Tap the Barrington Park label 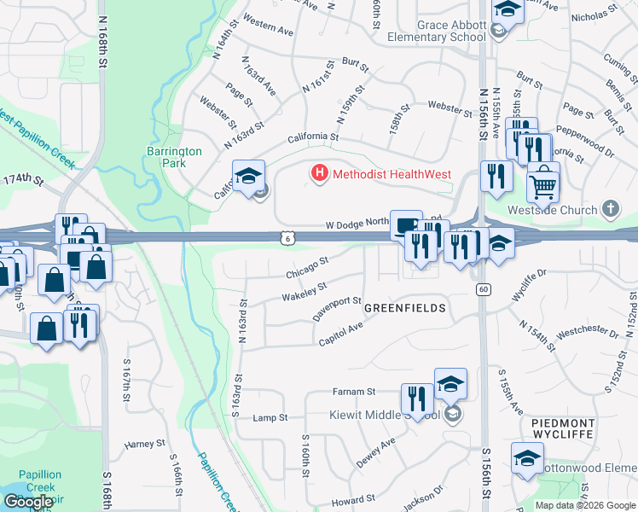(174, 157)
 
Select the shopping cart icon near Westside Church (542, 183)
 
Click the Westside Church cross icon (611, 209)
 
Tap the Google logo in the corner (28, 502)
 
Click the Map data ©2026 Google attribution (584, 505)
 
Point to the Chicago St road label (307, 266)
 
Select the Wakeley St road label (304, 292)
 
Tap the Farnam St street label (354, 392)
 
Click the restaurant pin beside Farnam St (415, 399)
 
